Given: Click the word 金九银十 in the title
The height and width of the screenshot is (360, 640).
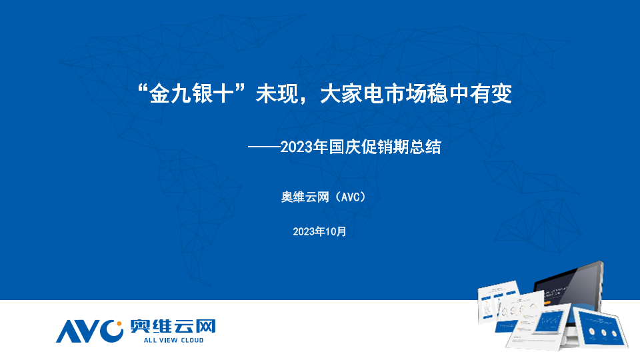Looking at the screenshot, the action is (x=191, y=94).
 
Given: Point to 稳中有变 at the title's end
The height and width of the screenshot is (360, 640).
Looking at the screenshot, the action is (x=469, y=94).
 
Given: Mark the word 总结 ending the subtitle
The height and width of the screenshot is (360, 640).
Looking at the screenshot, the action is (x=425, y=147).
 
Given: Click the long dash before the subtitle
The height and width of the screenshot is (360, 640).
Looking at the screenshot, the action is (x=264, y=147).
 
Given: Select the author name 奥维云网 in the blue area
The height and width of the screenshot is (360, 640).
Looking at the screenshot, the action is (x=305, y=197).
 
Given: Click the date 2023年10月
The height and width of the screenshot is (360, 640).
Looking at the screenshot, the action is (x=319, y=231).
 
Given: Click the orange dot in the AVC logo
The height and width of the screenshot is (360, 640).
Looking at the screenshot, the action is (x=119, y=324).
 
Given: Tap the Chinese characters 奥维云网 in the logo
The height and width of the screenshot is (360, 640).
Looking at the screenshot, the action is (x=173, y=327).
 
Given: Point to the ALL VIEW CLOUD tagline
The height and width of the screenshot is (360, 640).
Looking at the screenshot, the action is (x=173, y=340).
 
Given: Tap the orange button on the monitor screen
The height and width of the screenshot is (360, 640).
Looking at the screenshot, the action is (x=547, y=303).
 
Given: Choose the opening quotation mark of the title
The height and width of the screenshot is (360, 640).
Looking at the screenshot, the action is (x=143, y=88).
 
